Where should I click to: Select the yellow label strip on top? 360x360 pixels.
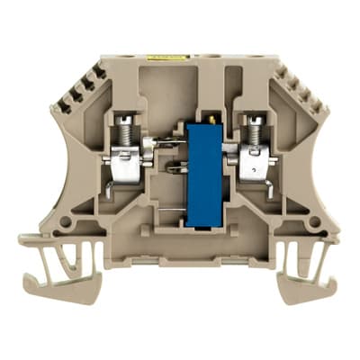[x=168, y=56]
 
